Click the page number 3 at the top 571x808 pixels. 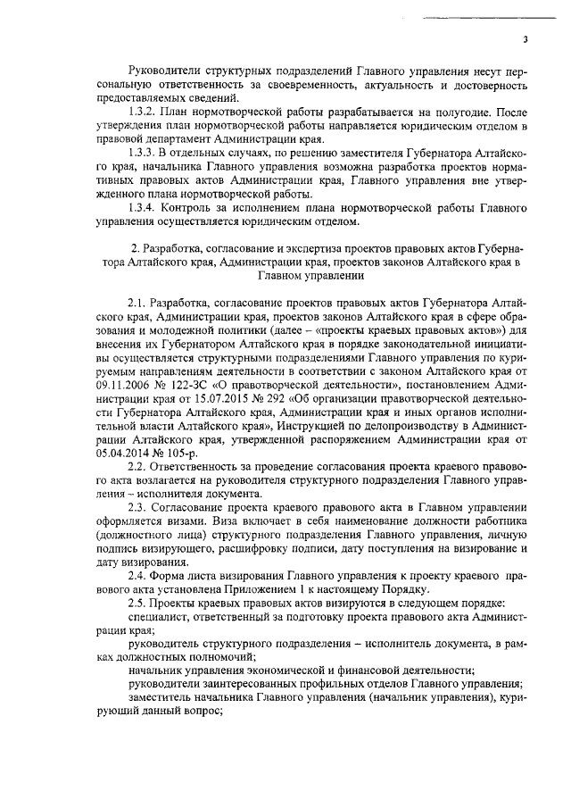tap(525, 39)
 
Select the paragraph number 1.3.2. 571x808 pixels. tap(144, 116)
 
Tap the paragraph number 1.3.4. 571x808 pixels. tap(144, 207)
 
